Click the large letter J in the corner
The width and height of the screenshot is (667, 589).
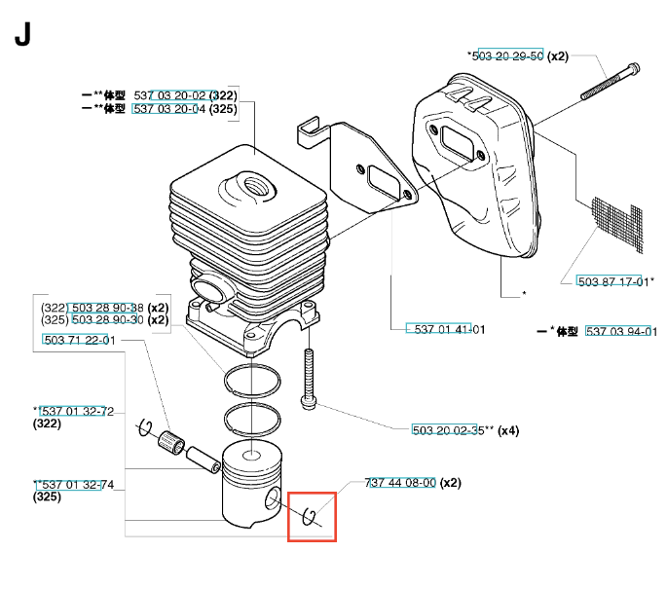(23, 35)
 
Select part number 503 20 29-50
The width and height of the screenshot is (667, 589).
(507, 56)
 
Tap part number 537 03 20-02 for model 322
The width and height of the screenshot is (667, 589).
(170, 95)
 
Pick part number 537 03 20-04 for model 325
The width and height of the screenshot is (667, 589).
(170, 109)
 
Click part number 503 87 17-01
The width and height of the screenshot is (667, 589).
(613, 281)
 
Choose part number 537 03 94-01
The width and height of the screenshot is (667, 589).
(621, 332)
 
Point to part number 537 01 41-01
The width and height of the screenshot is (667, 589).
(445, 329)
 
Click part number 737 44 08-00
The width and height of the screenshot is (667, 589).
(400, 483)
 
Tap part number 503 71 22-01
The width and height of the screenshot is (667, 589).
(79, 340)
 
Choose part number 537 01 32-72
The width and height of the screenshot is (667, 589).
(77, 412)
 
